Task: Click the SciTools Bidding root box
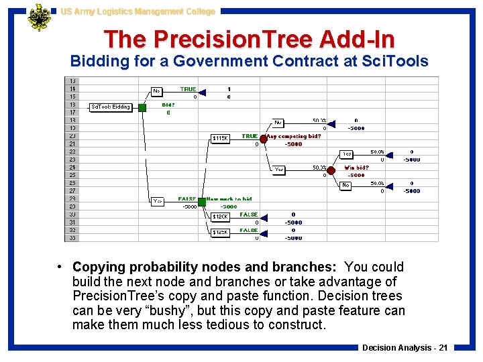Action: pyautogui.click(x=111, y=107)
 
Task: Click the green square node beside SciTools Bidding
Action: pyautogui.click(x=143, y=107)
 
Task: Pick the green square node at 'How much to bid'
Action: pyautogui.click(x=201, y=202)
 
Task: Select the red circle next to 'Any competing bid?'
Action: pyautogui.click(x=264, y=139)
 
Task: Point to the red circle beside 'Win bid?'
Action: pyautogui.click(x=331, y=170)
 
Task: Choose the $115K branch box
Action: pyautogui.click(x=221, y=139)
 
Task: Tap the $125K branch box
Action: pyautogui.click(x=221, y=233)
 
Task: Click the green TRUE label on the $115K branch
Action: pyautogui.click(x=250, y=136)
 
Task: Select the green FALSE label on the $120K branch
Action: pyautogui.click(x=249, y=215)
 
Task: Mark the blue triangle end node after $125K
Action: pyautogui.click(x=264, y=233)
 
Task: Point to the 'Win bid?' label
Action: pyautogui.click(x=356, y=168)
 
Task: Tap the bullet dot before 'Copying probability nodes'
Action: pyautogui.click(x=60, y=267)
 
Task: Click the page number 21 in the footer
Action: pyautogui.click(x=442, y=347)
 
